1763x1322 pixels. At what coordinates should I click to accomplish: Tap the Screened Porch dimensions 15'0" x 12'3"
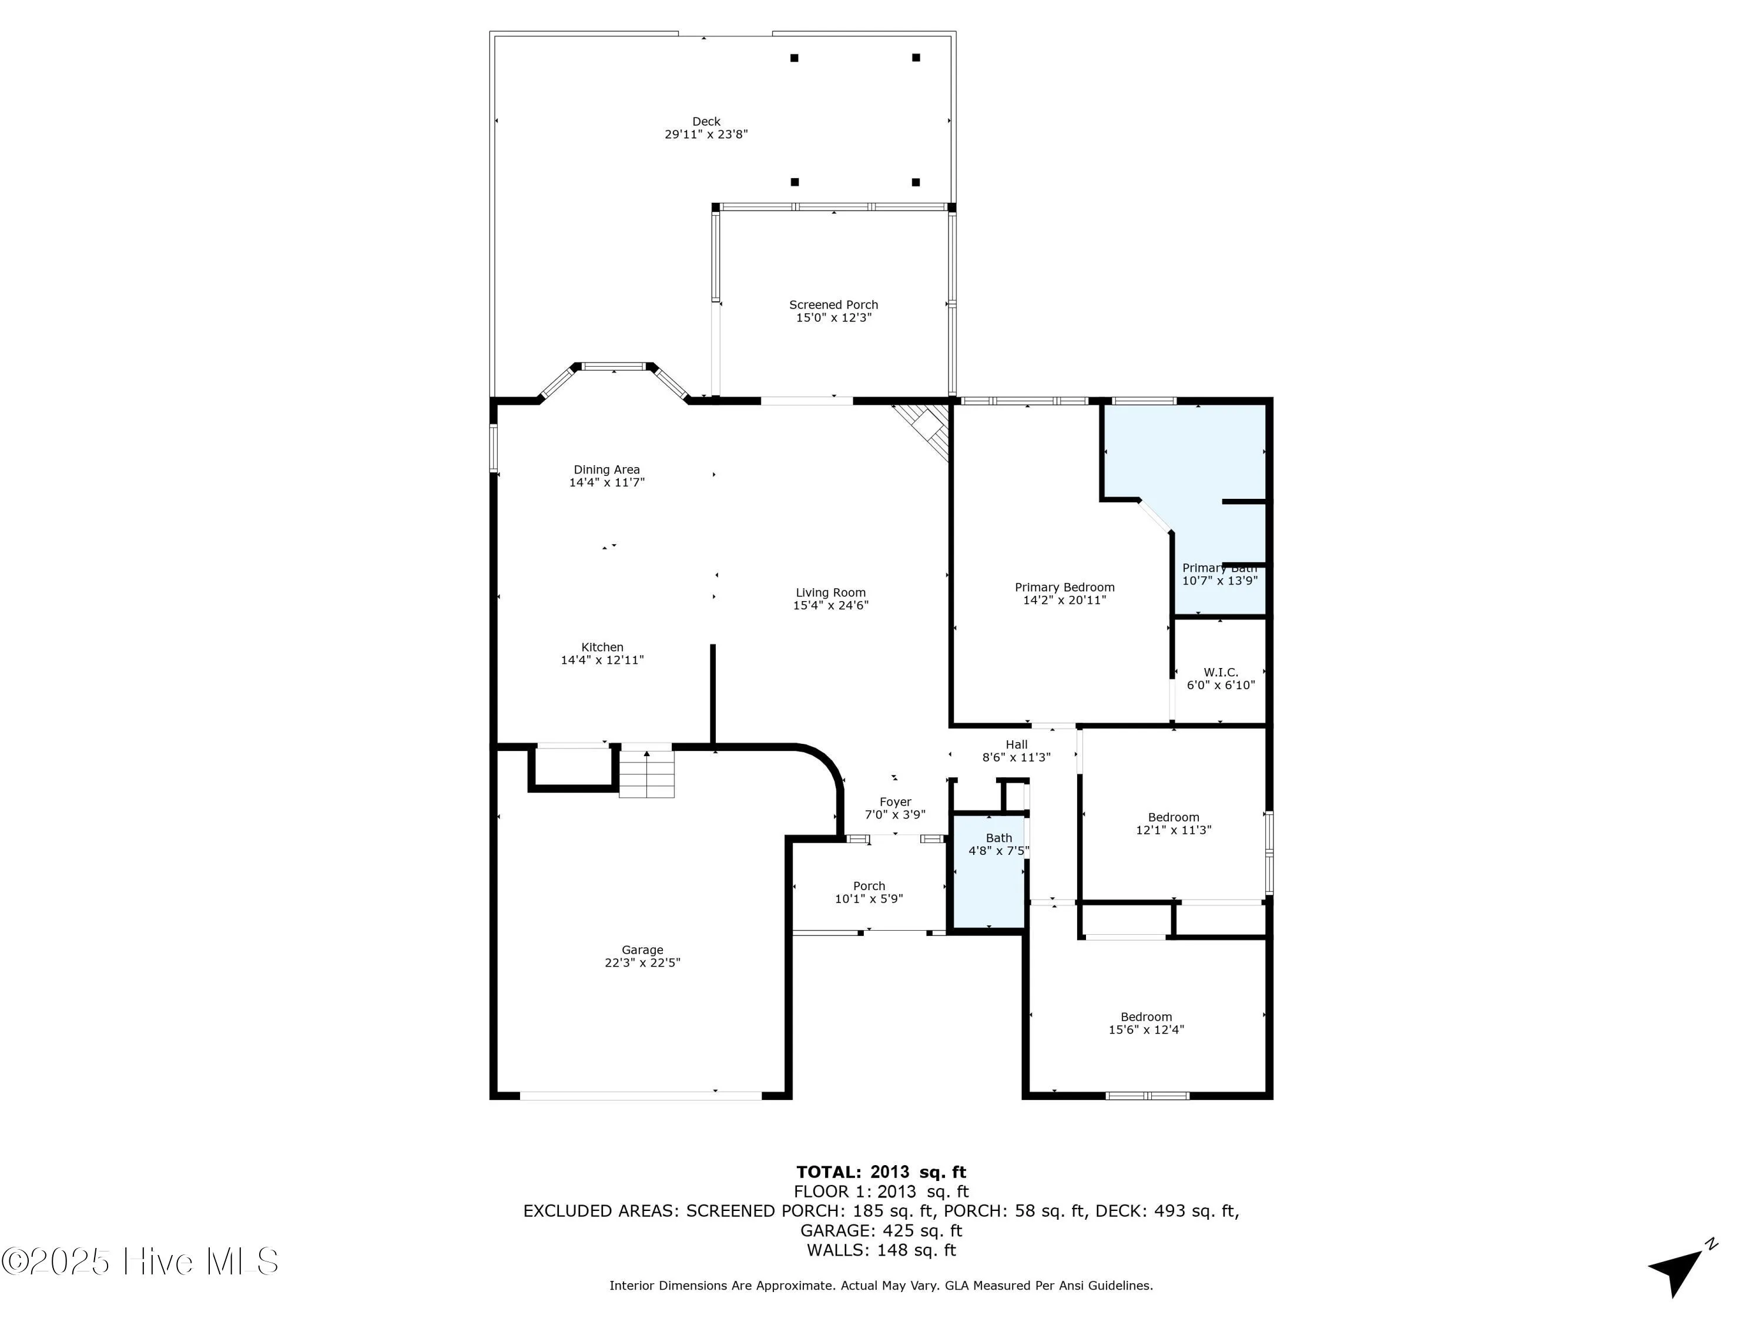[x=834, y=318]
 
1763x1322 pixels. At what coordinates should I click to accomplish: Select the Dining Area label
[x=606, y=470]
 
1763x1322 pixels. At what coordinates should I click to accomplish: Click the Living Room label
[x=830, y=593]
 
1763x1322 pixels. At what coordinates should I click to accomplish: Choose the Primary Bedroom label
[x=1064, y=588]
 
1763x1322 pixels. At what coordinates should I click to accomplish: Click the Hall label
[x=1016, y=745]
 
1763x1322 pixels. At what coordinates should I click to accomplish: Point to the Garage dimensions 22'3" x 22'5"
[x=642, y=962]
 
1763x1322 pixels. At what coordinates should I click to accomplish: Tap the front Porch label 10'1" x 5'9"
[x=869, y=886]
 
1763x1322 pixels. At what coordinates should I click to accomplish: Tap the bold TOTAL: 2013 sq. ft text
[x=881, y=1172]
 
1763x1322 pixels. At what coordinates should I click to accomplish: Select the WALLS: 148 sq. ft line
[x=881, y=1250]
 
